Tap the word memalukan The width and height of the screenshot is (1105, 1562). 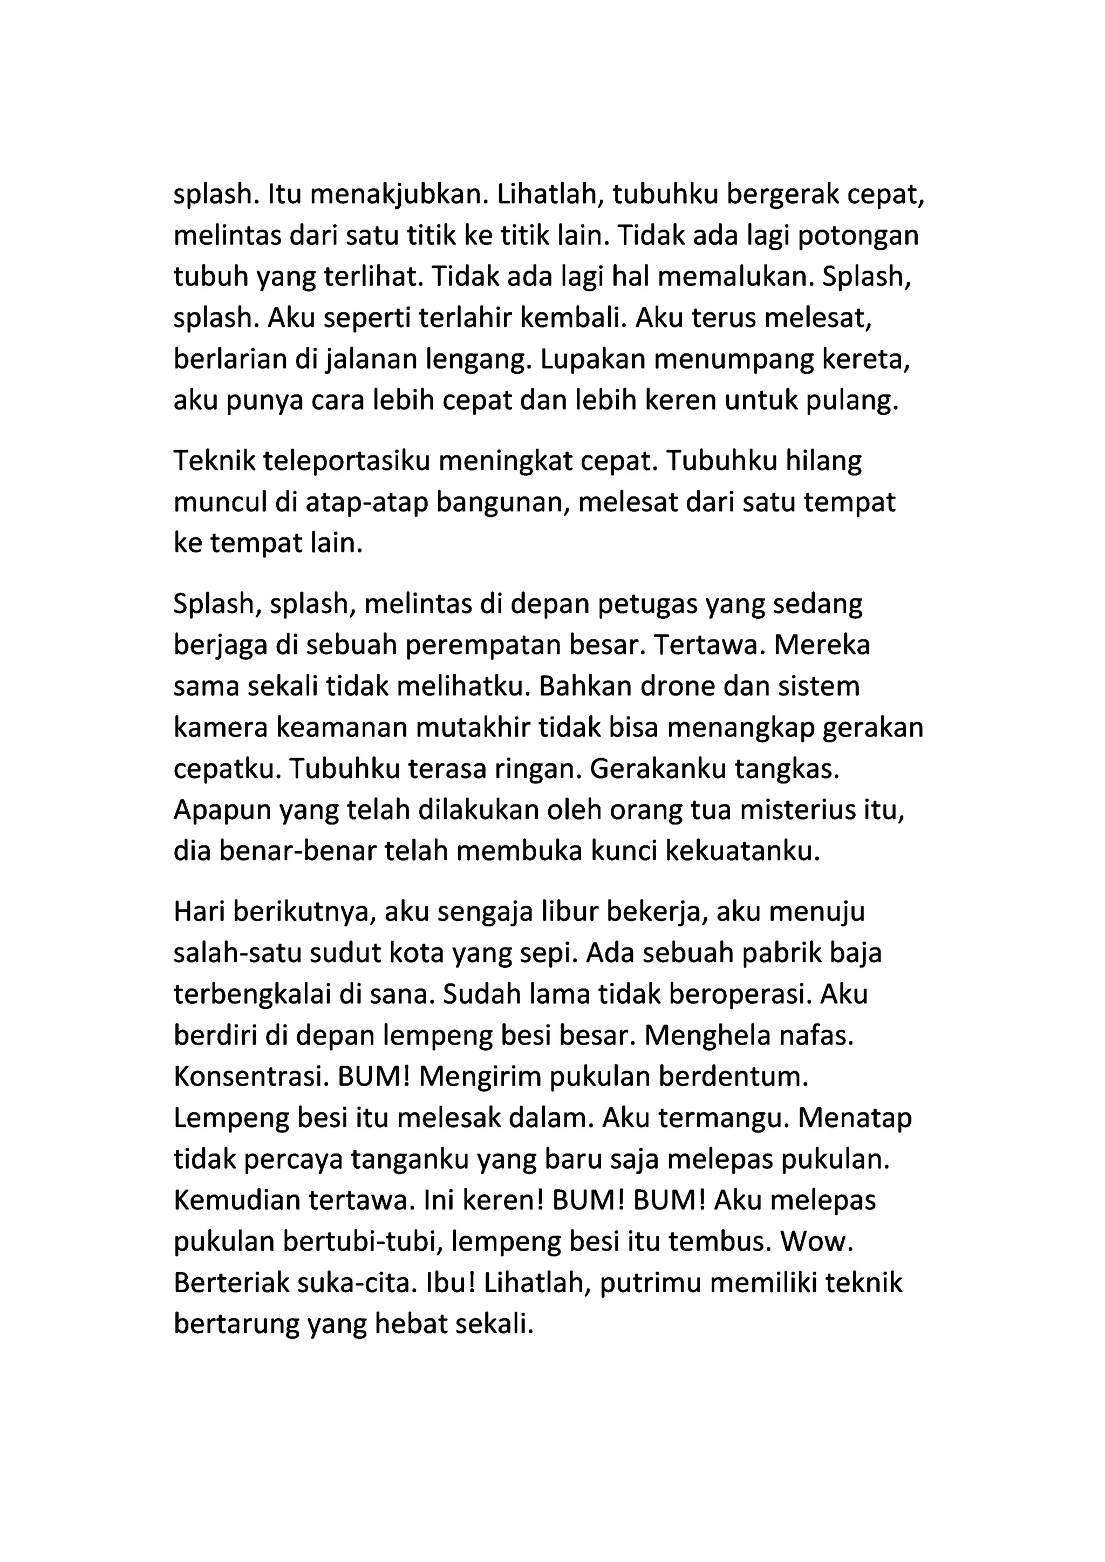click(x=741, y=277)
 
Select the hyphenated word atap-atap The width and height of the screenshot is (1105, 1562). click(x=359, y=503)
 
